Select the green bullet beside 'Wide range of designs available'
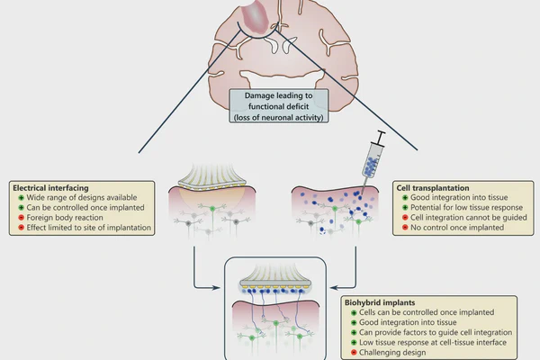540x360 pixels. (17, 200)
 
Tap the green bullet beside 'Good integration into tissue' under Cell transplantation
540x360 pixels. (405, 198)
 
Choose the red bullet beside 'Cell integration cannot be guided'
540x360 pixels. (405, 219)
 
